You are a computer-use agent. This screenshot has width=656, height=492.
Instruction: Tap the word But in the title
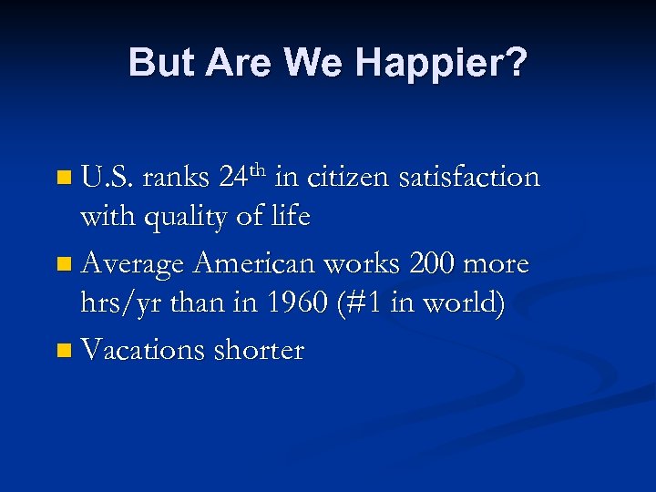coord(163,63)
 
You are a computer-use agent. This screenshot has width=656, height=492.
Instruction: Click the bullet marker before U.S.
coord(62,179)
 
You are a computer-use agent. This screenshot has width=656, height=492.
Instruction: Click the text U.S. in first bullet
coord(108,177)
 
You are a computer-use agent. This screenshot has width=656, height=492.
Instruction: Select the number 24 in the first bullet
coord(235,177)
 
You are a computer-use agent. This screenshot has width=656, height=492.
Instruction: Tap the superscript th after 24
coord(259,169)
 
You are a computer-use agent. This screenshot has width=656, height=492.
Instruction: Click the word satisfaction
coord(470,177)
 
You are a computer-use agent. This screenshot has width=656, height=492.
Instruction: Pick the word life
coord(292,217)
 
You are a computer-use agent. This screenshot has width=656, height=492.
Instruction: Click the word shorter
coord(259,350)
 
